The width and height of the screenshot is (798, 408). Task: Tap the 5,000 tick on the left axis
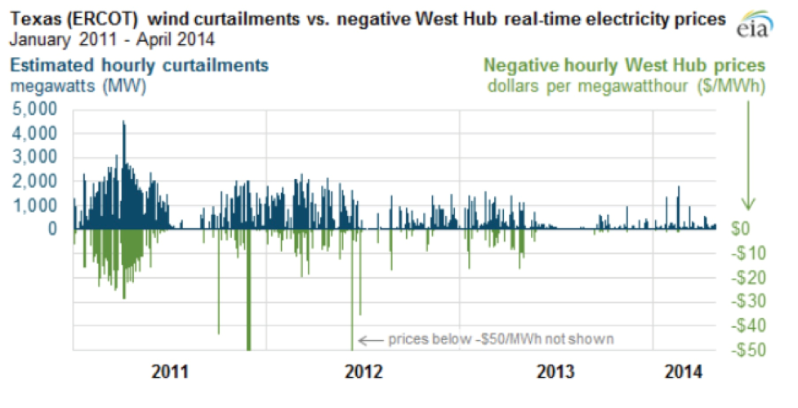pyautogui.click(x=35, y=108)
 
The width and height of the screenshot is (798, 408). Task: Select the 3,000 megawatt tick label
pyautogui.click(x=35, y=157)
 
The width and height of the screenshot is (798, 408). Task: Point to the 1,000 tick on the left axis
pyautogui.click(x=35, y=205)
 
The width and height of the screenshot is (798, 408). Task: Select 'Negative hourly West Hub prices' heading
pyautogui.click(x=624, y=65)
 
